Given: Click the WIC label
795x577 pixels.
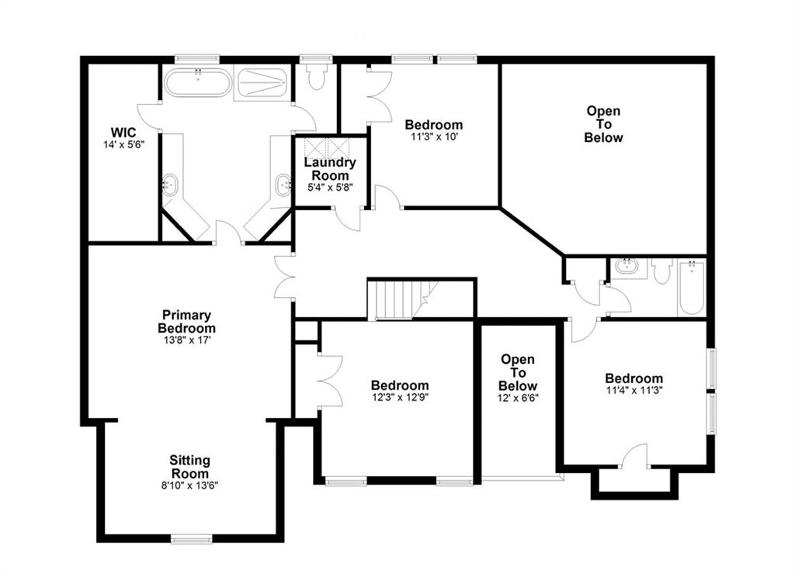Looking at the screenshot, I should tap(123, 133).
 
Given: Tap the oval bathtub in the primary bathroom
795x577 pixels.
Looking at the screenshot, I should tap(197, 83).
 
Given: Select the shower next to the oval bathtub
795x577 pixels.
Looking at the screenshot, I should tap(262, 83).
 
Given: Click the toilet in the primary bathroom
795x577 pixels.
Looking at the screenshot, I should tap(316, 77).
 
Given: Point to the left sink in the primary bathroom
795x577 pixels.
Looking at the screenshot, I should tap(171, 185).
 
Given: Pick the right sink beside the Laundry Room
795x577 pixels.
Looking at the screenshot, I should tap(283, 185).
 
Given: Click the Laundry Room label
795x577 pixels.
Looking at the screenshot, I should tap(330, 169).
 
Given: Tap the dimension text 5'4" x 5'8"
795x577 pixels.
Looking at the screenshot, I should tap(330, 187).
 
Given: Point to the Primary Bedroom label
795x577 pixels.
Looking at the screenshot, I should tap(186, 321).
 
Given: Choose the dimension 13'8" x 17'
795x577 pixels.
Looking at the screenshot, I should tap(186, 340).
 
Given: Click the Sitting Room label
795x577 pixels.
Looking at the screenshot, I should tap(190, 467).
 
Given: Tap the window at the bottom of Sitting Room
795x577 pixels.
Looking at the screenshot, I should tap(191, 538).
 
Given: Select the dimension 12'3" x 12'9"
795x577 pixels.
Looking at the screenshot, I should tap(399, 398).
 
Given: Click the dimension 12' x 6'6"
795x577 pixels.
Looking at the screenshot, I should tap(518, 398).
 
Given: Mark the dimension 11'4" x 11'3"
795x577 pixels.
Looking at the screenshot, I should tap(634, 391).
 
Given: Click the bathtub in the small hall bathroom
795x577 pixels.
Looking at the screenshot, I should tap(691, 288).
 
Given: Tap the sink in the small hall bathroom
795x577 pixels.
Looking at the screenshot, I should tap(626, 268).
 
